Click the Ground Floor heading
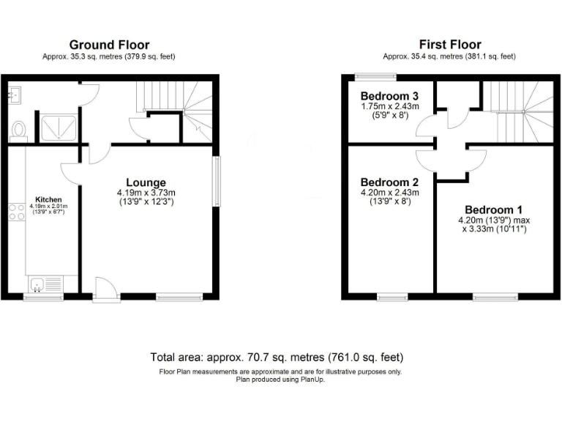110,44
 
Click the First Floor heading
449,44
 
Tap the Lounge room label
146,182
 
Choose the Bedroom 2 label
389,182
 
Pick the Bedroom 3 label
389,95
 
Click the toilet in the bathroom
18,130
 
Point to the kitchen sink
38,284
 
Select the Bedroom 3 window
376,75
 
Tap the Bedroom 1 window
494,297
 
